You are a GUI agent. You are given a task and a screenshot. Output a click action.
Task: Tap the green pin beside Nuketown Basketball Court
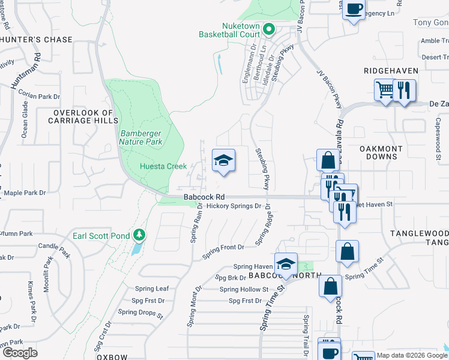270,29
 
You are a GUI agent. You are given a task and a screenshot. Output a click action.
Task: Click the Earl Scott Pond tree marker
139,234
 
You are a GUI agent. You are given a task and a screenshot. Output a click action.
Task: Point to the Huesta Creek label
163,166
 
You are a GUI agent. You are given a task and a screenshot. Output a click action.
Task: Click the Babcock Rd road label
204,196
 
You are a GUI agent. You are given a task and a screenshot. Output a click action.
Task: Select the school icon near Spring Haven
286,264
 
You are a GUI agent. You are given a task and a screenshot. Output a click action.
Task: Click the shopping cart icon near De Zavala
385,91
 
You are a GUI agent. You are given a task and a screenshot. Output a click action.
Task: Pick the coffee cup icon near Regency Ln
354,10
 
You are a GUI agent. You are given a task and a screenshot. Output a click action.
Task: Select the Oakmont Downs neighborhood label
378,152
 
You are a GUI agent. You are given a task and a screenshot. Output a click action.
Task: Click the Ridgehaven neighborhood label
391,71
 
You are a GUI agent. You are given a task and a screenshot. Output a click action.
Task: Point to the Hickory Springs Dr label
234,206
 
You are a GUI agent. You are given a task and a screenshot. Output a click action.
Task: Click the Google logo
20,353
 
